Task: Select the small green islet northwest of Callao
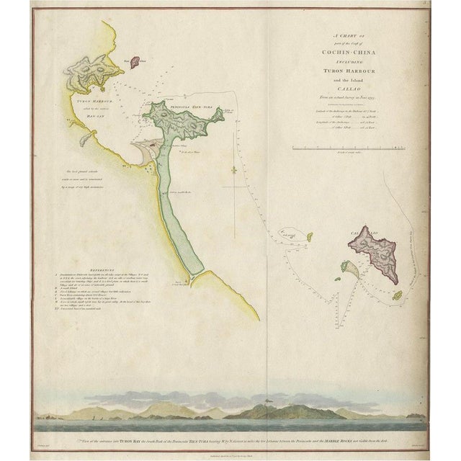pos(310,236)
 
